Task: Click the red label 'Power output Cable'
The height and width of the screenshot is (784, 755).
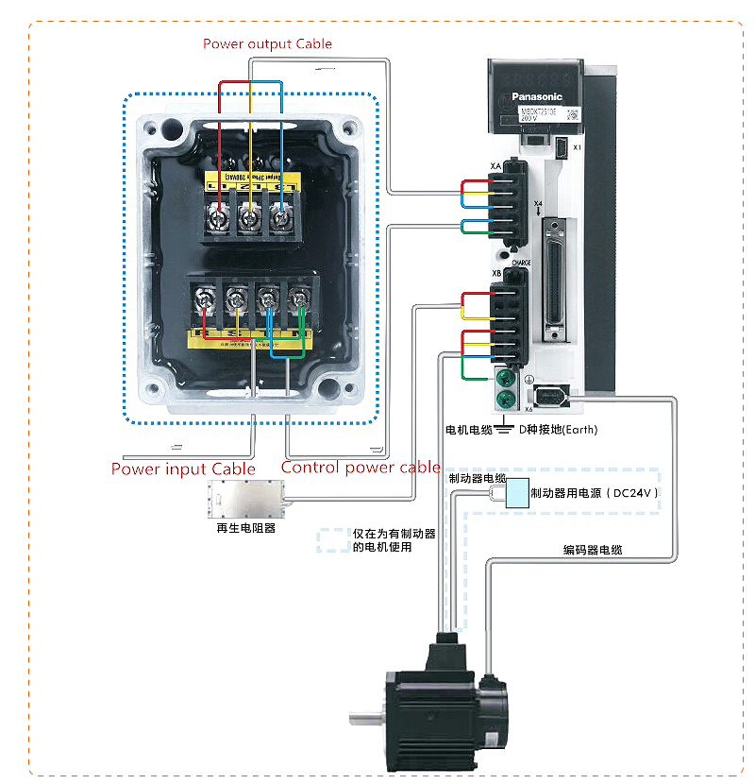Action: (267, 43)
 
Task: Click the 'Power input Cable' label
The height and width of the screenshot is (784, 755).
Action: (183, 469)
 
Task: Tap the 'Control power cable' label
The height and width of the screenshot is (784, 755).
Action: (361, 467)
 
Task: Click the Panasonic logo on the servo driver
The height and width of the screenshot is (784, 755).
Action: (536, 96)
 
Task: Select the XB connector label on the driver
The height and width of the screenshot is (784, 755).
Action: (495, 274)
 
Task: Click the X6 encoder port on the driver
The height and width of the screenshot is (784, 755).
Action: (549, 396)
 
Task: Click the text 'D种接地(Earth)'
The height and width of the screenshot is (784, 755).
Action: (557, 430)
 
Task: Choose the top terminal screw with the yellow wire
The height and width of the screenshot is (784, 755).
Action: (249, 218)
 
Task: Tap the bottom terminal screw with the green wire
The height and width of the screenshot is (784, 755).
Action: (300, 301)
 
